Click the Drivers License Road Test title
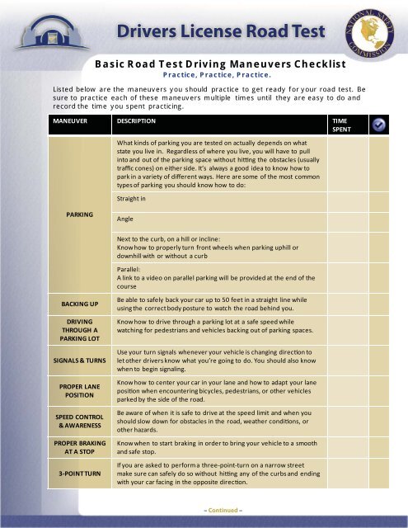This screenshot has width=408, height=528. point(216,32)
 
